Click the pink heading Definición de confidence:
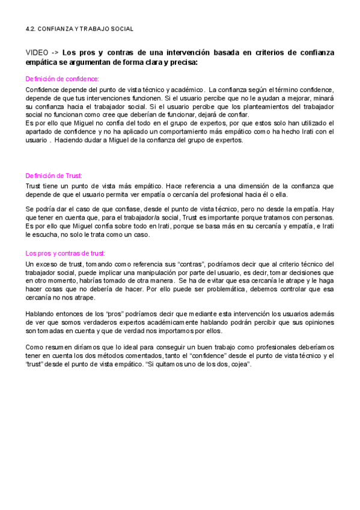point(62,79)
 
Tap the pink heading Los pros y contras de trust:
point(65,253)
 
